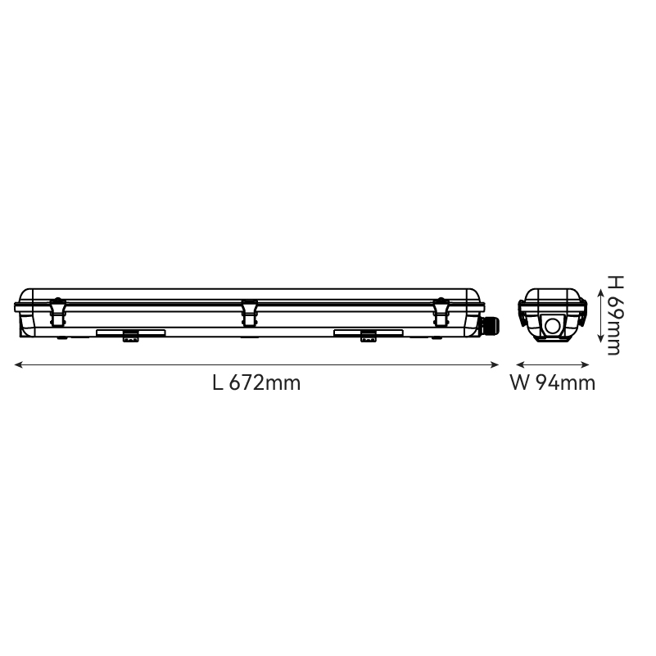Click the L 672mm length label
click(256, 382)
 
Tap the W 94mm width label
click(552, 382)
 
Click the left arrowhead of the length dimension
click(18, 364)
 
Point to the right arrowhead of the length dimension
click(495, 364)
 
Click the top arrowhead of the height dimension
click(601, 292)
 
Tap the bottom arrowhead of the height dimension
click(601, 338)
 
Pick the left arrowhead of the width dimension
click(520, 364)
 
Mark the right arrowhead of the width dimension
click(586, 364)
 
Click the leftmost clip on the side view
click(57, 312)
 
